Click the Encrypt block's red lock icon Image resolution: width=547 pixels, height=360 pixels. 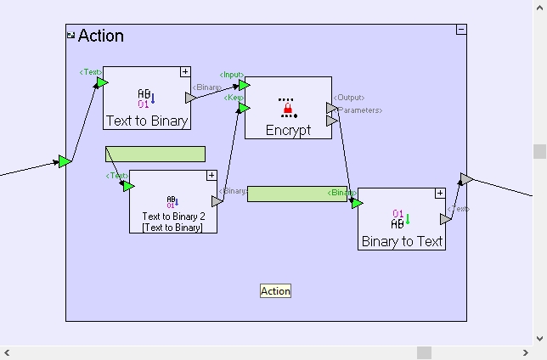pyautogui.click(x=287, y=109)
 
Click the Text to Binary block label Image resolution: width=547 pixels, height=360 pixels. pyautogui.click(x=146, y=121)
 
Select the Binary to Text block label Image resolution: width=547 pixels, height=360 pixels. pyautogui.click(x=402, y=241)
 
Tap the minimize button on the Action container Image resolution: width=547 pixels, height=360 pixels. pyautogui.click(x=460, y=30)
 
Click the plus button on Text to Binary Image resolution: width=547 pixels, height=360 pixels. pyautogui.click(x=184, y=72)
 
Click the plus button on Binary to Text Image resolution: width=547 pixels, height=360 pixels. pyautogui.click(x=440, y=194)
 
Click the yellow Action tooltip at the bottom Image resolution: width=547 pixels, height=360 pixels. pyautogui.click(x=275, y=291)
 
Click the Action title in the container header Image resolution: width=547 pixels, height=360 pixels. pyautogui.click(x=100, y=36)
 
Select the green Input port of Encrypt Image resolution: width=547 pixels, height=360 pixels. pyautogui.click(x=244, y=85)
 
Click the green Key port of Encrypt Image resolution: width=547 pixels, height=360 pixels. pyautogui.click(x=244, y=108)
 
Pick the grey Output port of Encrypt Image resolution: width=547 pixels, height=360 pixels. pyautogui.click(x=331, y=108)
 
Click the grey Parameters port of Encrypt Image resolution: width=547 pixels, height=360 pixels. pyautogui.click(x=331, y=121)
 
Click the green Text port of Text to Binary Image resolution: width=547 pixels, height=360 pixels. pyautogui.click(x=101, y=82)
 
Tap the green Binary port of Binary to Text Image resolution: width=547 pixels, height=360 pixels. pyautogui.click(x=357, y=203)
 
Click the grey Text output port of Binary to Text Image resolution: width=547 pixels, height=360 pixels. pyautogui.click(x=445, y=219)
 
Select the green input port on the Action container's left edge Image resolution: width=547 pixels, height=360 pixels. pyautogui.click(x=65, y=161)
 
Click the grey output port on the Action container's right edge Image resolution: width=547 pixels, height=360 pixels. pyautogui.click(x=465, y=178)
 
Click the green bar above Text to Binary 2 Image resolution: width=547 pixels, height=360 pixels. pyautogui.click(x=155, y=154)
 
